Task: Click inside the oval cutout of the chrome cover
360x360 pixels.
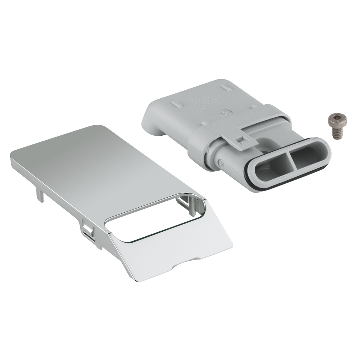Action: pos(150,221)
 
